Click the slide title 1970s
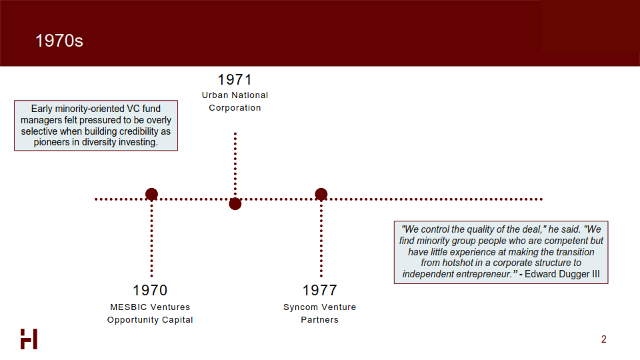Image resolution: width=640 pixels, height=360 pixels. [59, 41]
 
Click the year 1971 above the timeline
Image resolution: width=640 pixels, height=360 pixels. [235, 79]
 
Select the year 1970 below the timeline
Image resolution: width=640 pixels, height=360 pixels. [150, 290]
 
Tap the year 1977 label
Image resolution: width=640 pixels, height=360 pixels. [319, 290]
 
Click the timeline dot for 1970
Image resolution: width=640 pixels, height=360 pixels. [151, 194]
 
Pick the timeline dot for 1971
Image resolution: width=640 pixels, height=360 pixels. [235, 204]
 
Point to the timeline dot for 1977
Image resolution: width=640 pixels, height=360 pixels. [321, 194]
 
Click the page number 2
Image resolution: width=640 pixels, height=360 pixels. [604, 339]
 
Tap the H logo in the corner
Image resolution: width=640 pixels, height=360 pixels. [29, 339]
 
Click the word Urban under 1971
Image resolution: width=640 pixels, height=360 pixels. [215, 95]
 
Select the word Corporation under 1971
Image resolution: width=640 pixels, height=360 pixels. [235, 108]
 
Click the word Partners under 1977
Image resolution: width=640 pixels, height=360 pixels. [319, 319]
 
